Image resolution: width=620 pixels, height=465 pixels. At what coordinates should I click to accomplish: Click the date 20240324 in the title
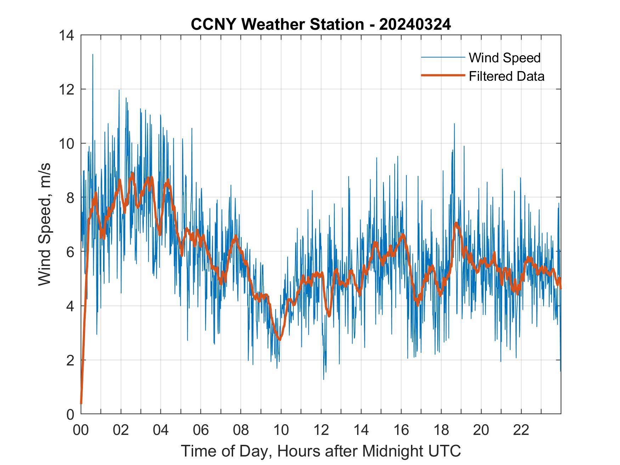point(415,25)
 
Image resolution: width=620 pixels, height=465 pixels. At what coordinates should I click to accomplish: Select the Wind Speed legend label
point(505,58)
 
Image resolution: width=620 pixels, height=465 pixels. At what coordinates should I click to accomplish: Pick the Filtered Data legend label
point(506,76)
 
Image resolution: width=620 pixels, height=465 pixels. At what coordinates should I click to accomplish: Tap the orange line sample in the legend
point(443,75)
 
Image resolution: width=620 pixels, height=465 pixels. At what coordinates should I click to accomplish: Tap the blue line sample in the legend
point(443,57)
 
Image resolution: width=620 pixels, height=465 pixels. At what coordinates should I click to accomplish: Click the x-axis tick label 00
point(81,430)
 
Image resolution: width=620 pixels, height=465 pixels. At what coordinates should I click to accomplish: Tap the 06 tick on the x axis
point(201,430)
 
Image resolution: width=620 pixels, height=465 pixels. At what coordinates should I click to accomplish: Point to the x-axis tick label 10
point(281,430)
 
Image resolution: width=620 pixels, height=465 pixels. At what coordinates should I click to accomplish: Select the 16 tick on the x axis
point(401,430)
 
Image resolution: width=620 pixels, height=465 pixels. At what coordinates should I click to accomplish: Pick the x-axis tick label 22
point(521,430)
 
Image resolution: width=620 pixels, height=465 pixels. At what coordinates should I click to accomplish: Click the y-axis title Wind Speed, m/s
point(45,224)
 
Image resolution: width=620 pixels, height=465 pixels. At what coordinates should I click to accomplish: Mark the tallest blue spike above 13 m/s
point(93,55)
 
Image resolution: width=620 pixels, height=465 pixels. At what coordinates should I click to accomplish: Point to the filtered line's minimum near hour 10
point(280,340)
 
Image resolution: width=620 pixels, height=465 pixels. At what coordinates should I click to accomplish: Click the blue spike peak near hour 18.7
point(454,124)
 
